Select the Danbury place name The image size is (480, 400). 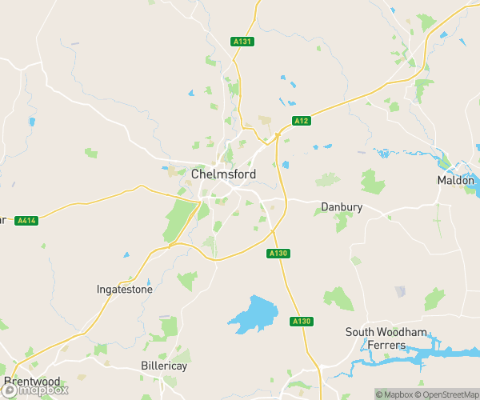coord(342,207)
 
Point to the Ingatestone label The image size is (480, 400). coord(124,290)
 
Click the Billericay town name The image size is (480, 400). coord(163,366)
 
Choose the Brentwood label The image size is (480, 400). coord(32,381)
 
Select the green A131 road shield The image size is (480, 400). coord(243,42)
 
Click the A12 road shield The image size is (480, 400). coord(301,121)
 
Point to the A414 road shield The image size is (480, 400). coord(26,221)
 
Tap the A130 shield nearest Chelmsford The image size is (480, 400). coord(277,253)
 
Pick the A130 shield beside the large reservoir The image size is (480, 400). coord(301,321)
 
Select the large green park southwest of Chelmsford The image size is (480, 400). coord(180,221)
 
